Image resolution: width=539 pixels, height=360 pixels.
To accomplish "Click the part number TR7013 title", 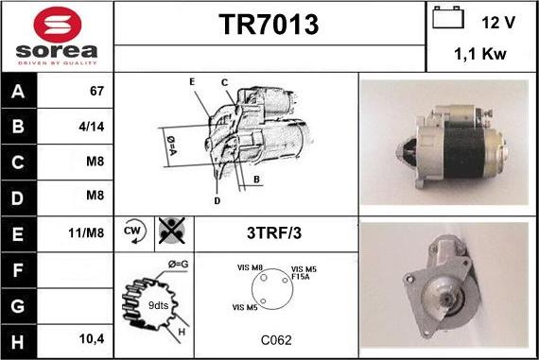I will [x=269, y=26].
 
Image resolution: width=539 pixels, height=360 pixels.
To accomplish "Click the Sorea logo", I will [x=57, y=36].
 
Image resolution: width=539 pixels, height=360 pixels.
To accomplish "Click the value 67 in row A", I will [x=96, y=92].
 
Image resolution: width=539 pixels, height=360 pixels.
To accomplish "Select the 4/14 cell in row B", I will [x=95, y=127].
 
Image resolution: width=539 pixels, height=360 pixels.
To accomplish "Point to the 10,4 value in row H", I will [x=92, y=338].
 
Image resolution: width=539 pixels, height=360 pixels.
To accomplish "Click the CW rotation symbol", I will [x=132, y=231].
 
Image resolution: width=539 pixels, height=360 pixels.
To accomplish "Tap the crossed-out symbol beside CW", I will [x=171, y=231].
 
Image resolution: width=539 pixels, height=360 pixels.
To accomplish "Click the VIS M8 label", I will [x=250, y=267].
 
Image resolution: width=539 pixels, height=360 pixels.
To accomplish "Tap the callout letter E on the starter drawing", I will [x=192, y=82].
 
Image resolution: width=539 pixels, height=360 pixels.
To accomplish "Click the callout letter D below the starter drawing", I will [x=217, y=200].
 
